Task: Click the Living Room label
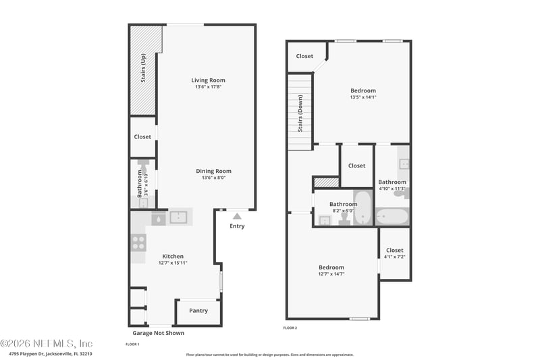[x=208, y=80]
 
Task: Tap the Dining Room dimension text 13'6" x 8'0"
[x=213, y=178]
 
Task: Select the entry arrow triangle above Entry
[x=237, y=216]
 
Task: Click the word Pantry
[x=198, y=311]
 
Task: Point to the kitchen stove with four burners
[x=138, y=242]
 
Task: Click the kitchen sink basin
[x=179, y=217]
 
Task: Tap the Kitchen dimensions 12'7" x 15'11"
[x=173, y=263]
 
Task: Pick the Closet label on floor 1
[x=142, y=136]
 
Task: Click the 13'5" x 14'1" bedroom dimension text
[x=362, y=97]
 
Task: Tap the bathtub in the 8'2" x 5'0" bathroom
[x=362, y=207]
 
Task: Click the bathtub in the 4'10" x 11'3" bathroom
[x=392, y=217]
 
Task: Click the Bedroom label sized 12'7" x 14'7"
[x=331, y=267]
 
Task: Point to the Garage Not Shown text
[x=158, y=333]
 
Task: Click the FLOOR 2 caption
[x=290, y=328]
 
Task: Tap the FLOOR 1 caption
[x=132, y=344]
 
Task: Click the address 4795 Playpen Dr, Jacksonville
[x=51, y=353]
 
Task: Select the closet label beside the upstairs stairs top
[x=304, y=56]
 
